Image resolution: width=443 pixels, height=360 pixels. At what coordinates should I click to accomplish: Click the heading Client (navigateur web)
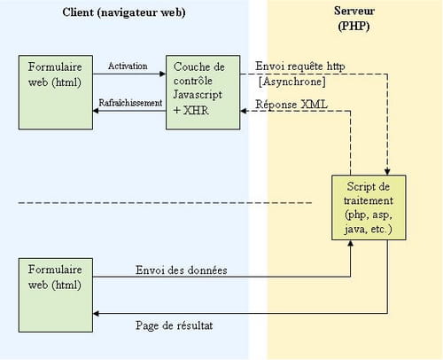coord(124,13)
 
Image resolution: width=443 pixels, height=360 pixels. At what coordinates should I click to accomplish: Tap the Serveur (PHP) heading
coord(354,19)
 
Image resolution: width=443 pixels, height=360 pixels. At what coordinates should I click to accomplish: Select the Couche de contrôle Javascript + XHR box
coord(203,92)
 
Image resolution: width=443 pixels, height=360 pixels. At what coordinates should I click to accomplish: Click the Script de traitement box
coord(369,207)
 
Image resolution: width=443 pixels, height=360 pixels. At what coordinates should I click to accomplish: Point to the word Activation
coord(128,66)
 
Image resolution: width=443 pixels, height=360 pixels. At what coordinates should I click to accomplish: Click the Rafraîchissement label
coord(130,103)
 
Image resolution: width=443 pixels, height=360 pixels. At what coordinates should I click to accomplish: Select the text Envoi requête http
coord(300,67)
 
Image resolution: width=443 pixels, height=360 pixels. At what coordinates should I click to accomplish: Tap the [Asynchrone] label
coord(292,82)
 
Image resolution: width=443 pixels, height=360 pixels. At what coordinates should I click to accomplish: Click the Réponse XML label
coord(291,105)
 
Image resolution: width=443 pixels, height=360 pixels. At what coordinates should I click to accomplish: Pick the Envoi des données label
coord(182,270)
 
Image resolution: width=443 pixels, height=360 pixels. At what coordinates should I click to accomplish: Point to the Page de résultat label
coord(175,325)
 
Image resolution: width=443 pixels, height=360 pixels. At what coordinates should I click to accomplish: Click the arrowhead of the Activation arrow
coord(163,74)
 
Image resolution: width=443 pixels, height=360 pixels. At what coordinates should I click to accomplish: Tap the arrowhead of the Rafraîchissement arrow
coord(96,111)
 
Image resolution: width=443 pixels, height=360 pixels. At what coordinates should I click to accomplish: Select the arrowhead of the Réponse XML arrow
coord(244,111)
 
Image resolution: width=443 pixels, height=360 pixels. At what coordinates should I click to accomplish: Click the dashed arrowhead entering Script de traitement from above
coord(387,172)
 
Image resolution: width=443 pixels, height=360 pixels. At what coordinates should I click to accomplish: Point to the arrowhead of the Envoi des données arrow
coord(351,243)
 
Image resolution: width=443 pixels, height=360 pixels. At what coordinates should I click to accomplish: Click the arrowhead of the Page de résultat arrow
coord(96,314)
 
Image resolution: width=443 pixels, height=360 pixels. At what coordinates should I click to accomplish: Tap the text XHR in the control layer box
coord(196,110)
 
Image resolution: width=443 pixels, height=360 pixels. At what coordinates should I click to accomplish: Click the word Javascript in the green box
coord(198,95)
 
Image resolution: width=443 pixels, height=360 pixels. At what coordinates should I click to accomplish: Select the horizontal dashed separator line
coord(165,203)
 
